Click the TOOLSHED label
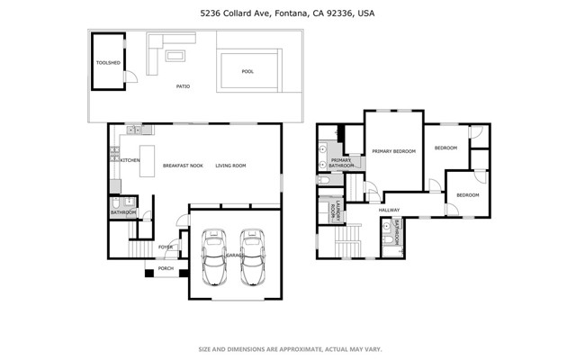[x=108, y=63]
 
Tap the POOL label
[x=247, y=71]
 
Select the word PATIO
[x=182, y=87]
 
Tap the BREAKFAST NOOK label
[x=182, y=166]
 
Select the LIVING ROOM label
[x=230, y=166]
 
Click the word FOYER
[x=166, y=247]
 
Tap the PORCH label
[x=166, y=268]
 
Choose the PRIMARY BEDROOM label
[x=393, y=151]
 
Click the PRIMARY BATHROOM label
[x=340, y=163]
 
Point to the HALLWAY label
[x=389, y=211]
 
